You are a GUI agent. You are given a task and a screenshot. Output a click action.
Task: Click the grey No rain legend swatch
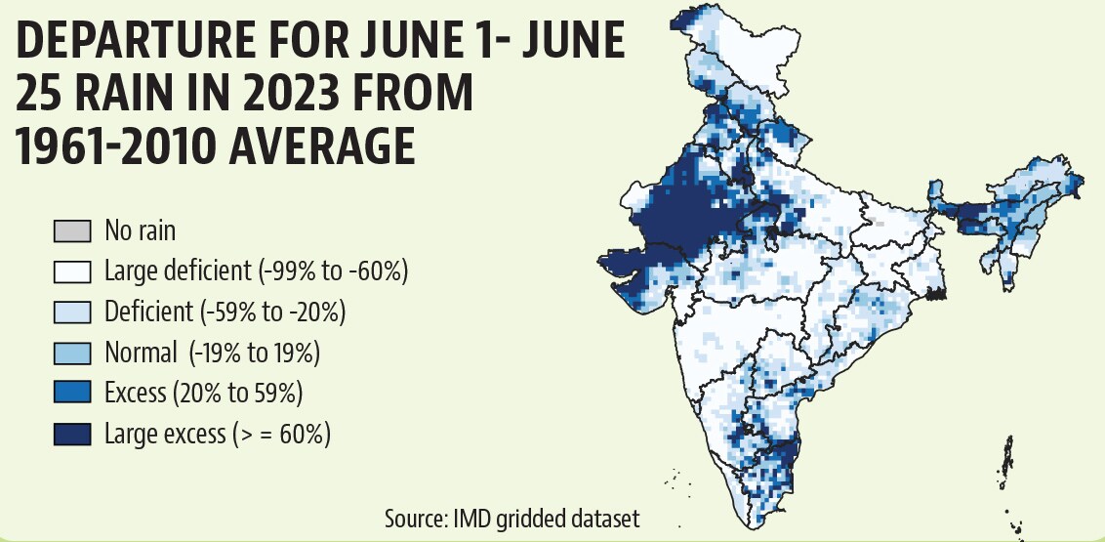click(x=72, y=231)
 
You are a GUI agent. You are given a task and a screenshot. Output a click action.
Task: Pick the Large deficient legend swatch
click(x=72, y=272)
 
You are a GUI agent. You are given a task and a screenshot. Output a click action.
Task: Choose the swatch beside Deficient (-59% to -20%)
click(x=72, y=313)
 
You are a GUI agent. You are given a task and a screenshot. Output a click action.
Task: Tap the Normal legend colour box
click(x=72, y=354)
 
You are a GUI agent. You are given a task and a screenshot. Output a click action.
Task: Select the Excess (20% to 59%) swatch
click(x=72, y=394)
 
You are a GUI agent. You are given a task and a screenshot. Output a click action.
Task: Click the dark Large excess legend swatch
click(x=72, y=435)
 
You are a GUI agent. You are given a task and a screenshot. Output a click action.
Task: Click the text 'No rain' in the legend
click(x=141, y=230)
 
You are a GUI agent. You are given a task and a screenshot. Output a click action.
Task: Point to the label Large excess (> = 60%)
click(x=218, y=435)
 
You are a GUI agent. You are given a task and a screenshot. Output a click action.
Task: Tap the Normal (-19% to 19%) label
click(x=212, y=354)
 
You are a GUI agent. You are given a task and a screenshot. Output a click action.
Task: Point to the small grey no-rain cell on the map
click(x=879, y=223)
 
